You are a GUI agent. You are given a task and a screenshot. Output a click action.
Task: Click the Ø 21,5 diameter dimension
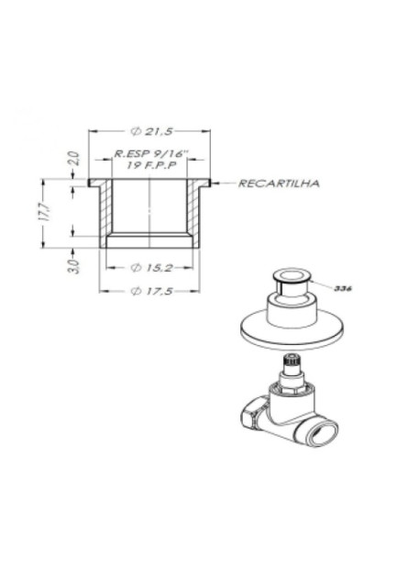coord(149,132)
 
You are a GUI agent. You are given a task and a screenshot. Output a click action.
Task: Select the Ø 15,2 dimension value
coord(149,268)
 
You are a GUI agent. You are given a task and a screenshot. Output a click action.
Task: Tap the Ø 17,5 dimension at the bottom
coord(149,290)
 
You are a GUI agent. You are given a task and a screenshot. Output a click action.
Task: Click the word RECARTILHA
coord(278,183)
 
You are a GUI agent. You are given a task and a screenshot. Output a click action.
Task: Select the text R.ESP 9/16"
coord(149,155)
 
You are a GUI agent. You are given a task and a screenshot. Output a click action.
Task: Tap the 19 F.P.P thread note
coord(149,166)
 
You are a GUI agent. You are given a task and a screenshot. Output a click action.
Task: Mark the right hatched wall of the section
coord(193,213)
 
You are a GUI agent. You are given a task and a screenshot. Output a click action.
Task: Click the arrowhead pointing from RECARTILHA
coord(215,183)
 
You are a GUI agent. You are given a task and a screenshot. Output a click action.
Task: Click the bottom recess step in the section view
coord(149,242)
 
